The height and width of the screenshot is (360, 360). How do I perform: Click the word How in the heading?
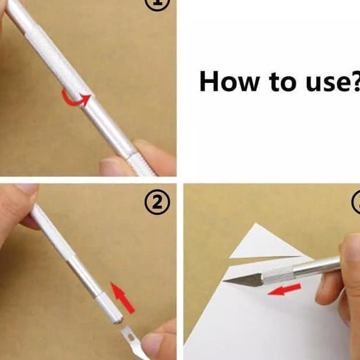pyautogui.click(x=230, y=81)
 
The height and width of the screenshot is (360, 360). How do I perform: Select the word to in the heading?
pyautogui.click(x=282, y=82)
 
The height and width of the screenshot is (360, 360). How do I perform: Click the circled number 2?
pyautogui.click(x=157, y=202)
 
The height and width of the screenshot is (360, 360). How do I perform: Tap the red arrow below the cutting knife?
pyautogui.click(x=285, y=289)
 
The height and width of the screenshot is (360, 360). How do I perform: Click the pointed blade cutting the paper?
pyautogui.click(x=243, y=280)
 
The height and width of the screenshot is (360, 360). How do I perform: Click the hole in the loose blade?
pyautogui.click(x=131, y=337)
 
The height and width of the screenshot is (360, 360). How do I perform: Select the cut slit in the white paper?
pyautogui.click(x=264, y=257)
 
